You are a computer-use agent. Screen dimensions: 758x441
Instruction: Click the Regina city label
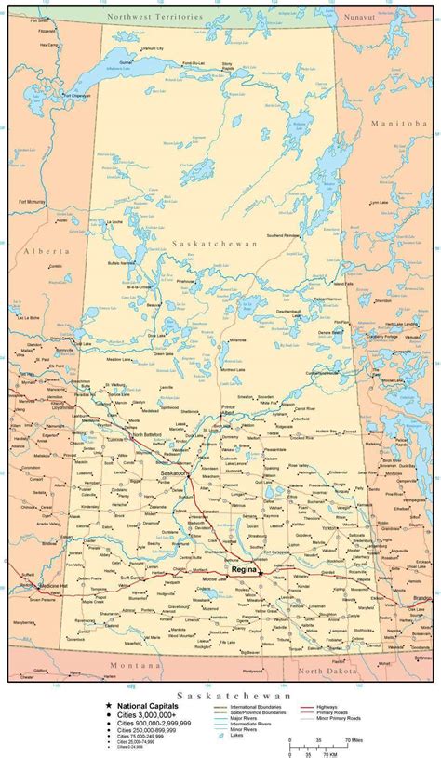point(244,566)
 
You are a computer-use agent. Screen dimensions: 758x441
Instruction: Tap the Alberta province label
point(47,251)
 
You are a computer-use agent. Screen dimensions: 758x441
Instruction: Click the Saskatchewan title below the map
point(220,694)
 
